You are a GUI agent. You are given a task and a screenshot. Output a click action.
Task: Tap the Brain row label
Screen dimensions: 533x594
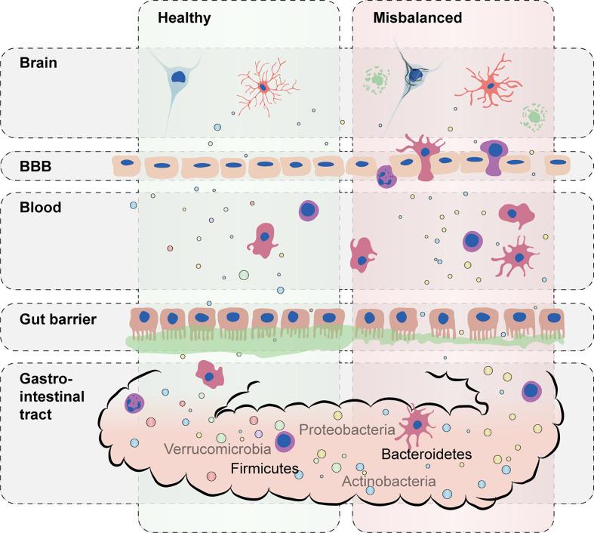[x=39, y=63]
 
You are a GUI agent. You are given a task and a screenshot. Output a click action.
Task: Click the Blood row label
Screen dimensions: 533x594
[x=39, y=205]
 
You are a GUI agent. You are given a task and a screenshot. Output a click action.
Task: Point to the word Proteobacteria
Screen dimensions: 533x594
[x=347, y=430]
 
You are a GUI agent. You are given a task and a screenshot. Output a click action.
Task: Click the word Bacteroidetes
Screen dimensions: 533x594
[x=426, y=454]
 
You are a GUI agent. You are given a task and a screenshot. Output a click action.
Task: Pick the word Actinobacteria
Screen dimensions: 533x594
[x=389, y=481]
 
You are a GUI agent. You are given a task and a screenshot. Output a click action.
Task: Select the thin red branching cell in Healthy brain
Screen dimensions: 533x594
[x=263, y=88]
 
